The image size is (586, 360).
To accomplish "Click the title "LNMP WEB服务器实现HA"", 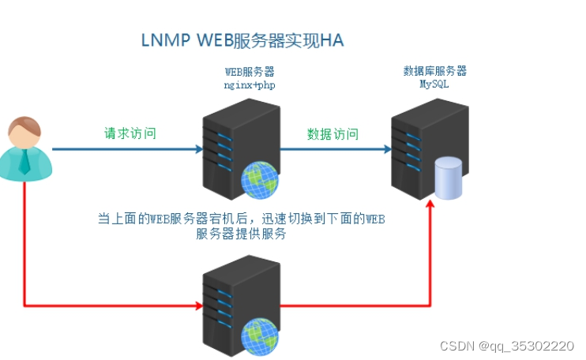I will (242, 39).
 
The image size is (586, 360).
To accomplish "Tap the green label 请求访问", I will (130, 133).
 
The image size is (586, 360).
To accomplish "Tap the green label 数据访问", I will (332, 134).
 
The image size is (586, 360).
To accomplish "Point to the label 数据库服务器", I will (434, 71).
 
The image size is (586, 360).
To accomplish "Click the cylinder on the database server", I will (449, 178).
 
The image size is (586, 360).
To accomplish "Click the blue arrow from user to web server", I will (126, 148).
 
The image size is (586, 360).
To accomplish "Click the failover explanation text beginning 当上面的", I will (241, 227).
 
